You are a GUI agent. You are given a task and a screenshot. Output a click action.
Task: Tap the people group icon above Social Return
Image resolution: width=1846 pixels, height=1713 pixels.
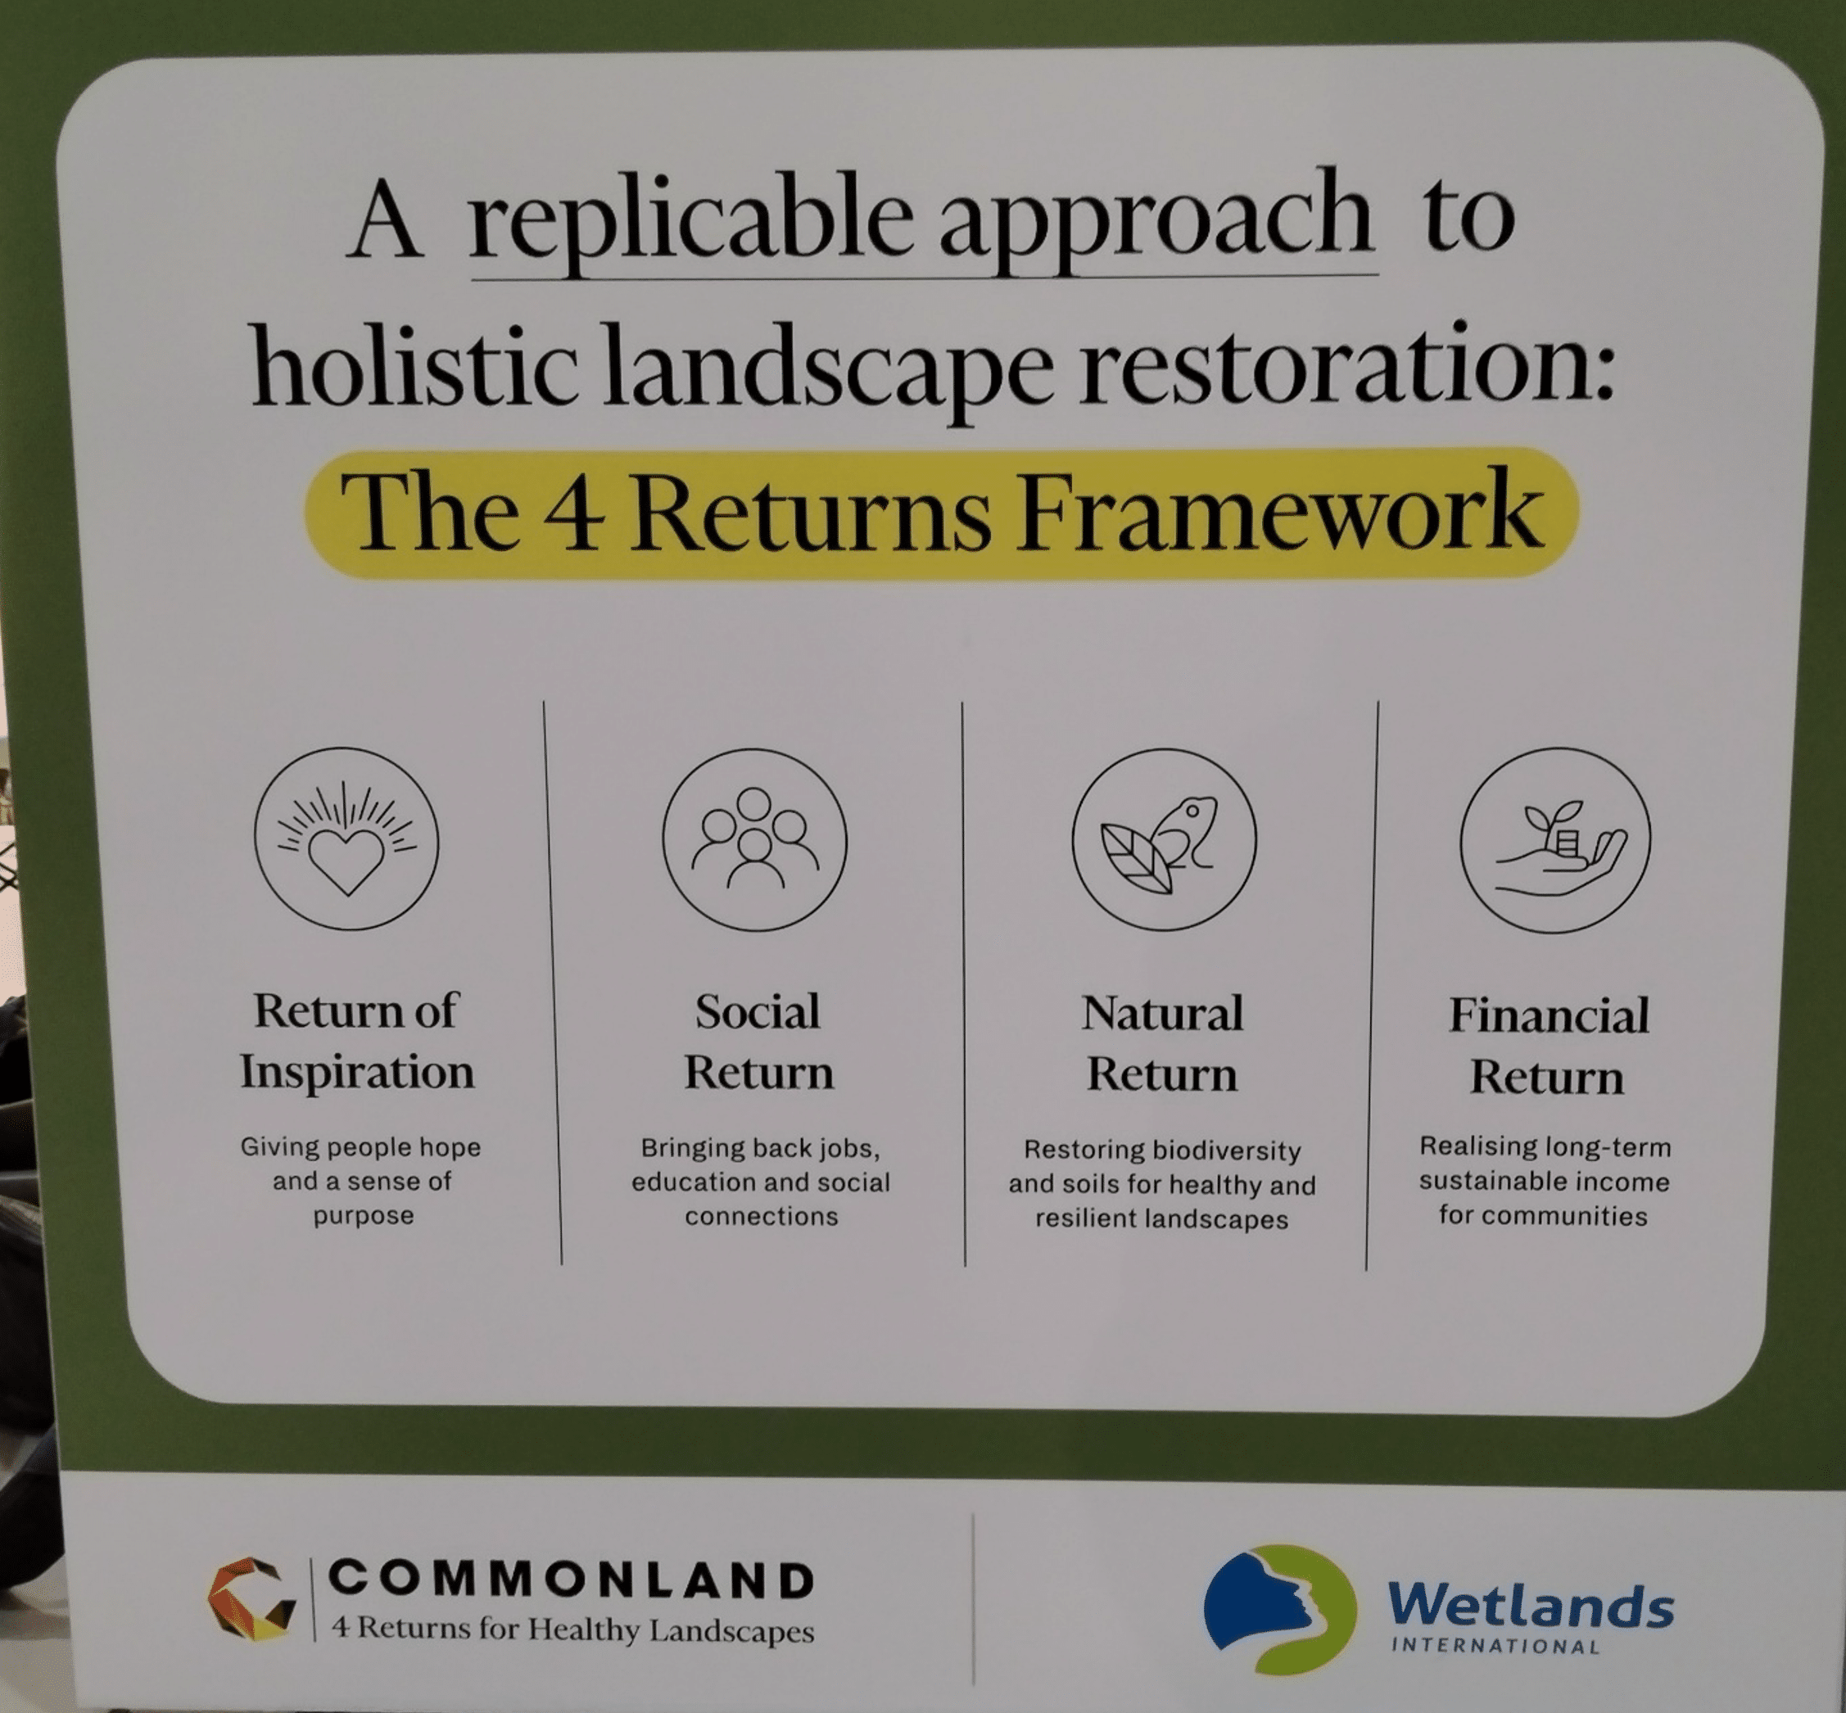[755, 840]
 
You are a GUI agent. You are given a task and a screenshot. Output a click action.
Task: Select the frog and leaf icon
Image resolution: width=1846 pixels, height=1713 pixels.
[1165, 842]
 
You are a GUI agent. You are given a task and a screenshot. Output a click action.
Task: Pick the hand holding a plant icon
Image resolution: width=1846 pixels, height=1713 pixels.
[1555, 840]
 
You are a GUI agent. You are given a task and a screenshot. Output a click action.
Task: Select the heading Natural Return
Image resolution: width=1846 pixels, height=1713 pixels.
[1162, 1044]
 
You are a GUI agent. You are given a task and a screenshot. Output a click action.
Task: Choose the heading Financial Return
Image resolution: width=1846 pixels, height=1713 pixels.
[1549, 1046]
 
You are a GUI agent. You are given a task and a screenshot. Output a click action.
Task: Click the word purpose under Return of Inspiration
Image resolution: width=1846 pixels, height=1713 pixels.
[364, 1216]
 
